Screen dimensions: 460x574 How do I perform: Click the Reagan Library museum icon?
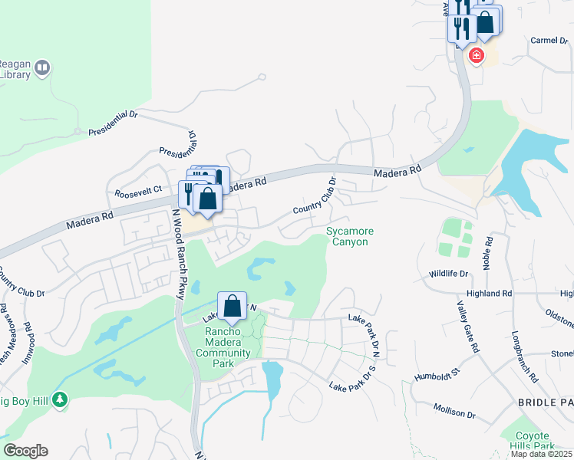tap(43, 68)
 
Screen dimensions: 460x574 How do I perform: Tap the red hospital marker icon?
tap(477, 55)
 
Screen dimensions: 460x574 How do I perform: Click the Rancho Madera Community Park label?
tap(227, 342)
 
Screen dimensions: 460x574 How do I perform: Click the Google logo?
tap(25, 451)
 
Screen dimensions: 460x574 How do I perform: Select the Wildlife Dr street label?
tap(448, 274)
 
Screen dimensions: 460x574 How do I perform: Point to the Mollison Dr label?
tap(454, 412)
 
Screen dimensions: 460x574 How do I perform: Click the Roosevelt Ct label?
tap(138, 191)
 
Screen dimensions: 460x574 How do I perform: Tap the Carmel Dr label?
tap(547, 40)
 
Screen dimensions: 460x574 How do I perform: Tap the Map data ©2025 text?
tap(542, 454)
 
